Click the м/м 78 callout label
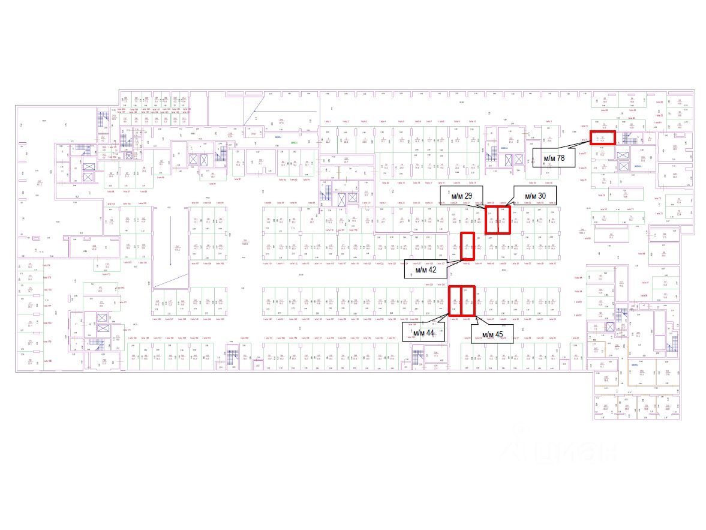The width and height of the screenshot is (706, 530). point(554,158)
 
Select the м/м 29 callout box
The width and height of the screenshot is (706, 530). point(461,195)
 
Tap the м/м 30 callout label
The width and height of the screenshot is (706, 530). point(535,195)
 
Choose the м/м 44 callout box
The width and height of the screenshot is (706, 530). point(424,333)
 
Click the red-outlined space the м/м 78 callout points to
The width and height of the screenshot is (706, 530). point(603,138)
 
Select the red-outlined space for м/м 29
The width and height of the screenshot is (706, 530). point(491,220)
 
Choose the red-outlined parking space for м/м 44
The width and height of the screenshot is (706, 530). point(455,301)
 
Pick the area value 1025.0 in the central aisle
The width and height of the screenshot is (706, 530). point(245,243)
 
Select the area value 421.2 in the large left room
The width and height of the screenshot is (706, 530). point(40,182)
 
